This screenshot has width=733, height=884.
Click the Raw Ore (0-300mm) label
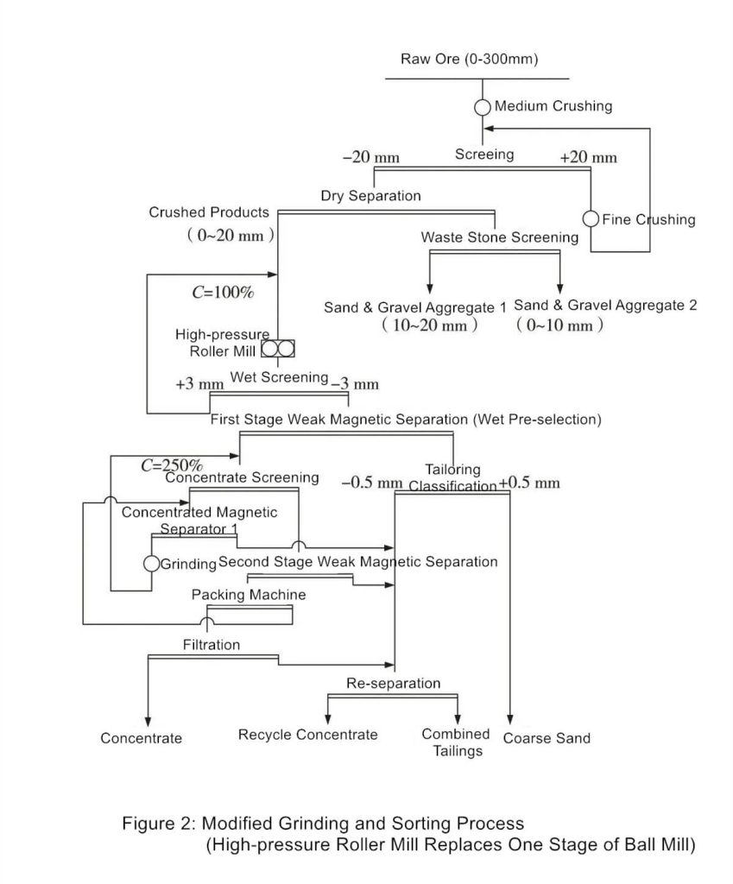click(469, 60)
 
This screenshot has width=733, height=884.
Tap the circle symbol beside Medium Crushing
click(483, 107)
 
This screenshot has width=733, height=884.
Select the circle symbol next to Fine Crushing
click(591, 219)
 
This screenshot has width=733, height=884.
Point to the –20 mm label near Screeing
click(371, 157)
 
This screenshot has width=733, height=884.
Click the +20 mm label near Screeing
click(588, 157)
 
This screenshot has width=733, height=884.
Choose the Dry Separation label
click(370, 196)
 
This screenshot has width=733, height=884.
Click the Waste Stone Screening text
click(499, 237)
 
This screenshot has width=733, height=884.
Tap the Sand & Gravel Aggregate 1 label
click(415, 307)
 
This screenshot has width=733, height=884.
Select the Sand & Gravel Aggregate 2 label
click(604, 306)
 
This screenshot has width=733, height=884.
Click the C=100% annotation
click(223, 293)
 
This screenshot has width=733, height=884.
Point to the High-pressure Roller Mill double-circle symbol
click(278, 349)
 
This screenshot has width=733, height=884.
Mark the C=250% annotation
click(171, 465)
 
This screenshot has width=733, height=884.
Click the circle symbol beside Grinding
click(151, 564)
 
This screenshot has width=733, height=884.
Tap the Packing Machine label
click(248, 596)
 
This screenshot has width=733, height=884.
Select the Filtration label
click(212, 645)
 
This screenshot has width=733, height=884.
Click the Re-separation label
click(393, 684)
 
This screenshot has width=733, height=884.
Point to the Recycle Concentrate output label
click(307, 735)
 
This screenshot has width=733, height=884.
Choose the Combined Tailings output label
click(456, 742)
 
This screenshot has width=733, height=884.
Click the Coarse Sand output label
click(547, 738)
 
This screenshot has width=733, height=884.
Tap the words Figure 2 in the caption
click(158, 824)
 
